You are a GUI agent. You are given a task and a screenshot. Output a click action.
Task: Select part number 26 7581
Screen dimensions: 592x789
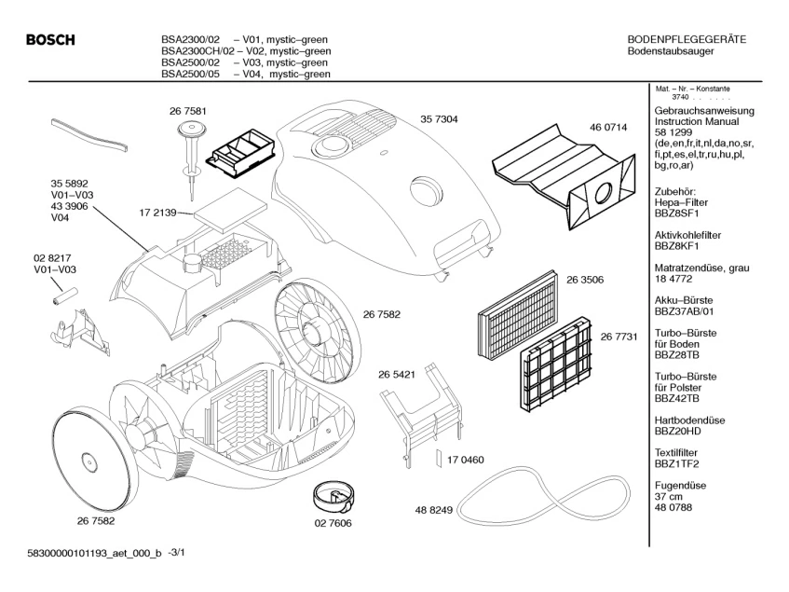click(188, 111)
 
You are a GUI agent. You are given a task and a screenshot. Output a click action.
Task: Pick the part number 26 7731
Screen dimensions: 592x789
click(619, 336)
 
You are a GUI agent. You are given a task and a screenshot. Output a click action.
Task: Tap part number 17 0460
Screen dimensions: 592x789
click(466, 461)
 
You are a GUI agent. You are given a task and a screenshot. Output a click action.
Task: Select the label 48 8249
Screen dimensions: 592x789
click(433, 510)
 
